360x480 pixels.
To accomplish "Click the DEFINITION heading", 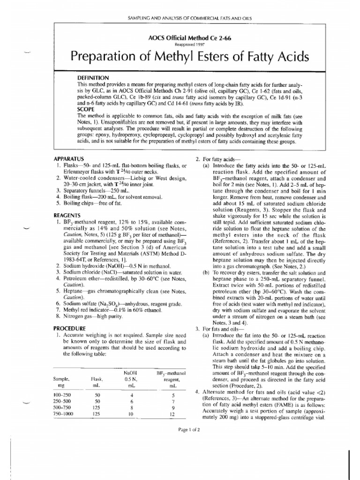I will tap(93, 77).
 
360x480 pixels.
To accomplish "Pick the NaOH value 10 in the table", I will tap(131, 414).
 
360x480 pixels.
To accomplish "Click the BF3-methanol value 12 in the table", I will tap(173, 414).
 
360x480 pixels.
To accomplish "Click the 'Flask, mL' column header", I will tap(97, 379).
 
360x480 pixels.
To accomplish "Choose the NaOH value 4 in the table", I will tap(131, 395).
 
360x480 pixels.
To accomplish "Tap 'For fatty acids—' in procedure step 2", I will tap(222, 159).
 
